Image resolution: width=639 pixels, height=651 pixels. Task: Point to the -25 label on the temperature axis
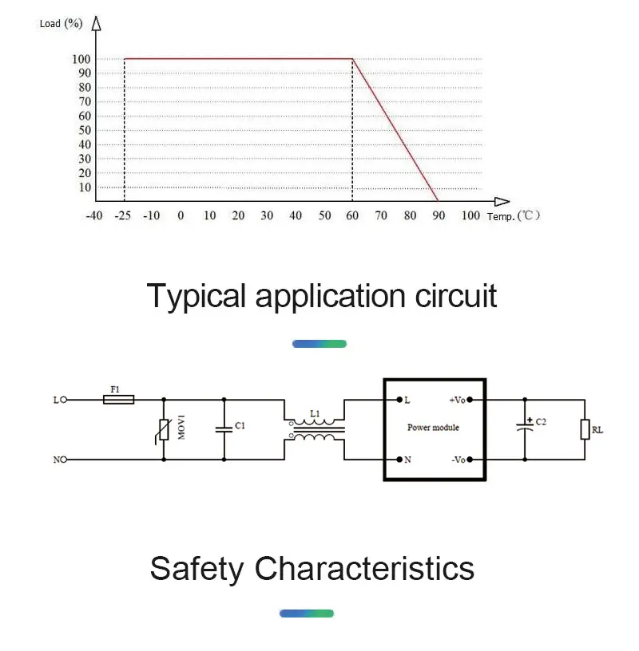(124, 215)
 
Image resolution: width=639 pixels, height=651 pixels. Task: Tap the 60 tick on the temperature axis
(353, 215)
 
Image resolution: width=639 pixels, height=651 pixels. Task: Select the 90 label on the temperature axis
(439, 215)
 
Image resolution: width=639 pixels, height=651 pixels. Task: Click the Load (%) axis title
(61, 23)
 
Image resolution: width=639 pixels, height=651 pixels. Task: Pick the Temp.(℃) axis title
(514, 216)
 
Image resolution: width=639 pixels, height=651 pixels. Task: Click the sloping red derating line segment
(395, 129)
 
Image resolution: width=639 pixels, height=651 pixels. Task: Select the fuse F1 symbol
(119, 400)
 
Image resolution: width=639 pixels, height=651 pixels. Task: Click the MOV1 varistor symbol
(164, 430)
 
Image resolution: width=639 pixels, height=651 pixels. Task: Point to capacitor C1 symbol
(224, 429)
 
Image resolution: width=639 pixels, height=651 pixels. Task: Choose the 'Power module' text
(434, 428)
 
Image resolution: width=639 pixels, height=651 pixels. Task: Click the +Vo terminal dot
(470, 399)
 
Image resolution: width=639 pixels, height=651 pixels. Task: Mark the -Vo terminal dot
(470, 460)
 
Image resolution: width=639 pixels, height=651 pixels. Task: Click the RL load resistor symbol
(585, 430)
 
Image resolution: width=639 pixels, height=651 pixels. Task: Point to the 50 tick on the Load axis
(83, 130)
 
